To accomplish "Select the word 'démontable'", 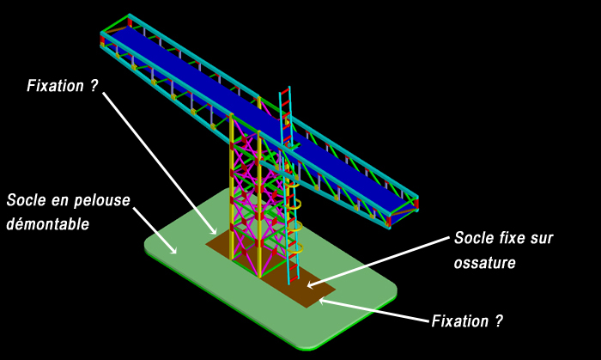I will (47, 223).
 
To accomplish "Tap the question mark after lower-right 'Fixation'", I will (498, 321).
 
